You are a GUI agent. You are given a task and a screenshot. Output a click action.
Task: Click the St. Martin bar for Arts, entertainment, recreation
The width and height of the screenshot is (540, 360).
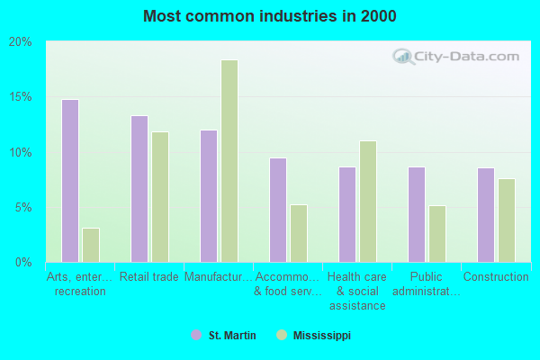tap(69, 181)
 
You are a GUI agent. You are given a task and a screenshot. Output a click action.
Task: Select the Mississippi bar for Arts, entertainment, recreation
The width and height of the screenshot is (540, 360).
tap(90, 245)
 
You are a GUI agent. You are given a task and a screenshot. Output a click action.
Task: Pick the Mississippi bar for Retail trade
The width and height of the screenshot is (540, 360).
tap(159, 197)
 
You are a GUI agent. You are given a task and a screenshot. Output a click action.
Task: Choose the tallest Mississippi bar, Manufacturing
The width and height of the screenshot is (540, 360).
tap(229, 161)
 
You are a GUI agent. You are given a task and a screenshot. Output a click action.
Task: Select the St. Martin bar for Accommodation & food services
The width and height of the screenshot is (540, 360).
tap(277, 210)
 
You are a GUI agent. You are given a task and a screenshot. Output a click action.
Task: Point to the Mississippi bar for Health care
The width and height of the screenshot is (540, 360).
tap(368, 202)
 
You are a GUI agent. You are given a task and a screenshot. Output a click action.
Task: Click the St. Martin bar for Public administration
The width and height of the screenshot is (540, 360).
tap(417, 214)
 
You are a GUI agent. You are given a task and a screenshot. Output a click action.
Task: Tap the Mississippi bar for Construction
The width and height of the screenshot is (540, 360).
tap(507, 220)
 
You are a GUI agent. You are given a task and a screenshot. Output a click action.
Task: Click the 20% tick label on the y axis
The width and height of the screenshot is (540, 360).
tap(21, 41)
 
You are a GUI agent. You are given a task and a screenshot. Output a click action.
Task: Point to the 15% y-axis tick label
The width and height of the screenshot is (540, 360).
tap(21, 97)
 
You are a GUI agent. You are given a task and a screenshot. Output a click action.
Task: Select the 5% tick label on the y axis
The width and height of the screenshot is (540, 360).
tap(23, 208)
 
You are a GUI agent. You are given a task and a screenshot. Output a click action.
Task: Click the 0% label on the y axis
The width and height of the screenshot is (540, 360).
tap(23, 263)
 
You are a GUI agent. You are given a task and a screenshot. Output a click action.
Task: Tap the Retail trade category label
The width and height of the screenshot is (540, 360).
tap(148, 277)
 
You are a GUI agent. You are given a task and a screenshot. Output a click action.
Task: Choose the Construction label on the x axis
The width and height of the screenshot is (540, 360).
tap(495, 277)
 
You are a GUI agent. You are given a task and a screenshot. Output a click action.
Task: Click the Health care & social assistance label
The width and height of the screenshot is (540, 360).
tap(356, 292)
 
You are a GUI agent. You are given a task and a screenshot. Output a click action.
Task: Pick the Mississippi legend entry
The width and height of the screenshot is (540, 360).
tap(319, 336)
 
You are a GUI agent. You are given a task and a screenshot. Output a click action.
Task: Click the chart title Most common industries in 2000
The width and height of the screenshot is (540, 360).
tap(269, 17)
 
